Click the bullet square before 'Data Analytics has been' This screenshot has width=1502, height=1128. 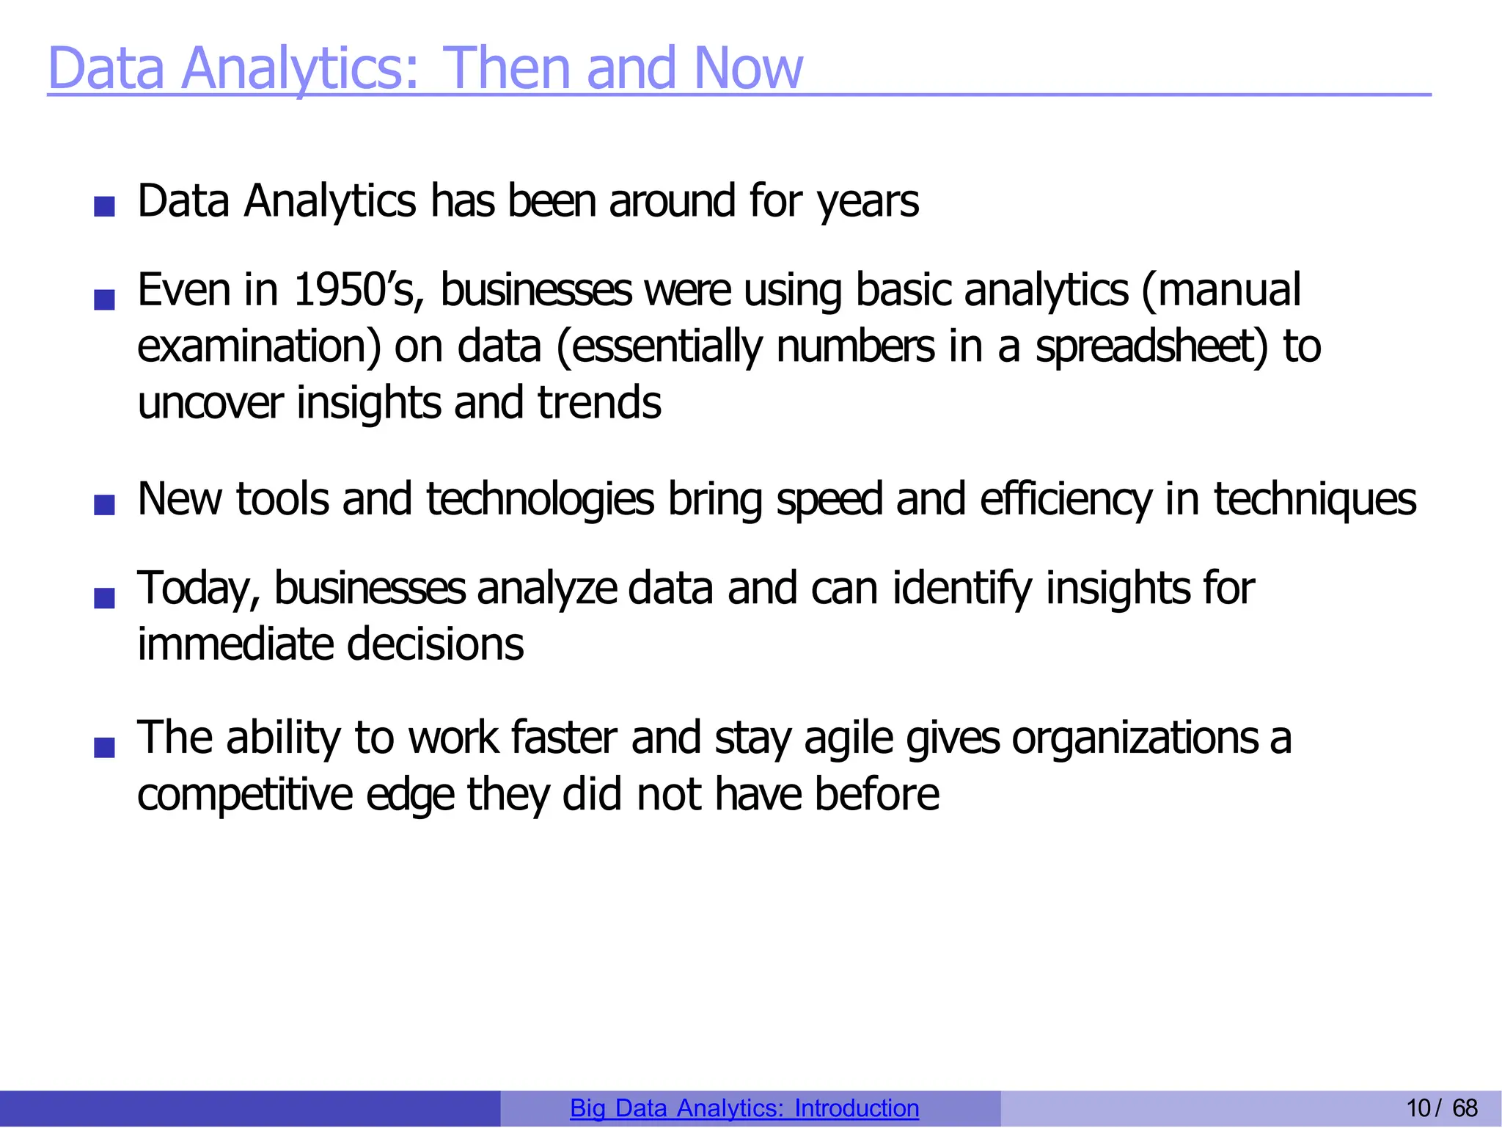[105, 206]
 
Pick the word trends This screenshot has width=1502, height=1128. [599, 403]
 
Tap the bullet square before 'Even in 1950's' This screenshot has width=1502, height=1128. [105, 299]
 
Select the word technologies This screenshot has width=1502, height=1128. [540, 499]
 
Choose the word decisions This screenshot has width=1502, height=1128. [435, 644]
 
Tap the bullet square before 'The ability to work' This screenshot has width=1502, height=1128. [105, 747]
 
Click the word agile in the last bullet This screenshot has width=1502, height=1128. [849, 738]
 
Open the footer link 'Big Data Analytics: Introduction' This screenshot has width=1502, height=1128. [744, 1108]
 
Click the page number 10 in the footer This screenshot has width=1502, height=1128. [1418, 1108]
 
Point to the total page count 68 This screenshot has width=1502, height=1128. [1465, 1108]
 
